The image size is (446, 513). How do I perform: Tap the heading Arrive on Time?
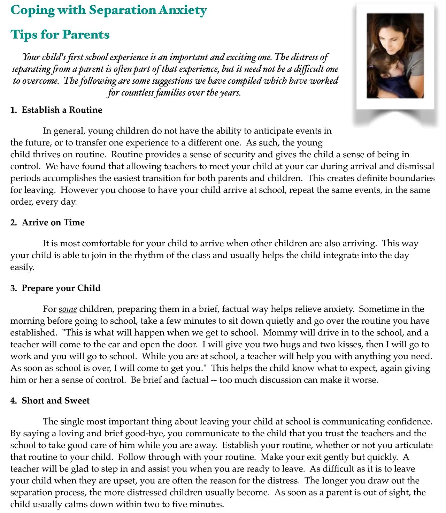[53, 222]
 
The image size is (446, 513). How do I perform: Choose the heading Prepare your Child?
[61, 288]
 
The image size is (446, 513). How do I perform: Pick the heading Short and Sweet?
[55, 401]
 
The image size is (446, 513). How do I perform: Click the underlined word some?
[68, 309]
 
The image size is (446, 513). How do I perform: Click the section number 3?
[13, 288]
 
